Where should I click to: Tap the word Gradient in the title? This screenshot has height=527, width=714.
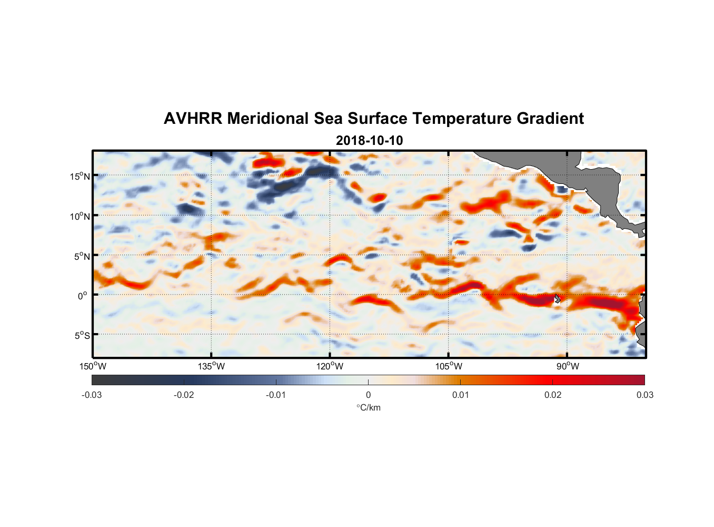click(550, 119)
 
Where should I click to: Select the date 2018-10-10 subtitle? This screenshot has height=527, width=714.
click(369, 141)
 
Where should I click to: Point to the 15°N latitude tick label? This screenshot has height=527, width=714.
click(80, 176)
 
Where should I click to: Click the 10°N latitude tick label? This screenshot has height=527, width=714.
click(80, 216)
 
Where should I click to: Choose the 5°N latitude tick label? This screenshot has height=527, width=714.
click(82, 256)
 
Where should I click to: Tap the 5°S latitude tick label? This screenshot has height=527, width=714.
click(82, 336)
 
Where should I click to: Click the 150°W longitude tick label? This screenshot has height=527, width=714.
click(93, 366)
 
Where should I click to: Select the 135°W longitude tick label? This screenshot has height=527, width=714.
click(212, 366)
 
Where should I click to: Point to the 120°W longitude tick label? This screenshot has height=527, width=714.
click(330, 366)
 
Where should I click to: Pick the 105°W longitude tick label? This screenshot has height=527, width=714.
click(449, 366)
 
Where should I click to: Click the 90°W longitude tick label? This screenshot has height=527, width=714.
click(568, 366)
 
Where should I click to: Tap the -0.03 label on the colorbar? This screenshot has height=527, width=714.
click(92, 395)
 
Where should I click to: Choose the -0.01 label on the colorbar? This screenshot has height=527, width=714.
click(276, 395)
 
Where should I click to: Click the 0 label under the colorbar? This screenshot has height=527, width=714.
click(368, 395)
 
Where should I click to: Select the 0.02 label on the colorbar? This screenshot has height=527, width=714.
click(553, 395)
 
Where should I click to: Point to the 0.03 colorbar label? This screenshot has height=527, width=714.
click(644, 395)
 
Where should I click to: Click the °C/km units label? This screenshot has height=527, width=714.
click(369, 407)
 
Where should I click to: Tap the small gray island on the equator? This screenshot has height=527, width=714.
click(557, 298)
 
